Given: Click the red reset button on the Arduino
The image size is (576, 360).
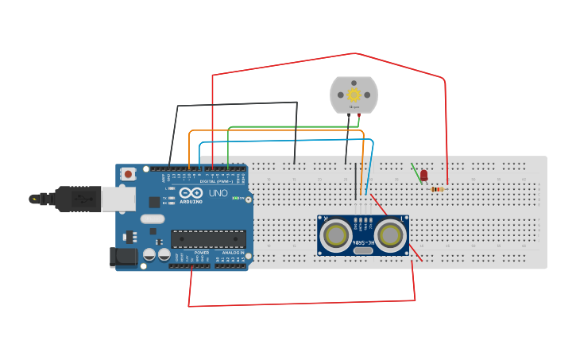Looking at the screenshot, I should click(128, 173).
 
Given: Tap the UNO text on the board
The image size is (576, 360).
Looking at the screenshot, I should click(218, 193).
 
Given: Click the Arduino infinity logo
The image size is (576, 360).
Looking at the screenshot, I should click(191, 192).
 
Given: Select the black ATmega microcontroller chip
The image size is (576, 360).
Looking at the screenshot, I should click(208, 238).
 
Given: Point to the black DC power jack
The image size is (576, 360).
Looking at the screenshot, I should click(123, 256).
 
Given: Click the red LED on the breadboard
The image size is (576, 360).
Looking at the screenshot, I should click(423, 175).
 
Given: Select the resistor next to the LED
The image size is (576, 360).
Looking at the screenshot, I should click(437, 189).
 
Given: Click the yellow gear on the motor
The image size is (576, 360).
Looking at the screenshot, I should click(354, 95).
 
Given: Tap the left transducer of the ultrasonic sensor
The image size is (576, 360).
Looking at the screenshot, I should click(337, 234).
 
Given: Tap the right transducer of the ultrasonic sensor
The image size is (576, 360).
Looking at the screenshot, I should click(390, 234).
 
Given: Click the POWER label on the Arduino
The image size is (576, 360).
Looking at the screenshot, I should click(202, 253).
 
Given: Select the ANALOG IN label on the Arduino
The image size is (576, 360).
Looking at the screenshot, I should click(233, 253).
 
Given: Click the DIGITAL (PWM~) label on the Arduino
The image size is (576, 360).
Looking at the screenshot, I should click(216, 181).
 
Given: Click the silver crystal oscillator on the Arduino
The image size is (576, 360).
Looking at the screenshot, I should click(152, 219).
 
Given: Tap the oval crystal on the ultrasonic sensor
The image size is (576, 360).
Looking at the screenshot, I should click(363, 251).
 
